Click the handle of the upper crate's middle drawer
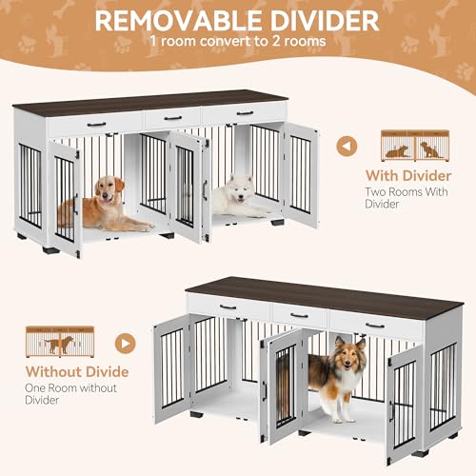[x=172, y=118]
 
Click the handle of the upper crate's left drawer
[x=97, y=124]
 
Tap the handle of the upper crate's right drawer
[x=244, y=112]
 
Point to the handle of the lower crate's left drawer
[x=228, y=307]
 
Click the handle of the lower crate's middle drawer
[x=299, y=314]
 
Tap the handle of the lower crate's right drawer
[x=374, y=324]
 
